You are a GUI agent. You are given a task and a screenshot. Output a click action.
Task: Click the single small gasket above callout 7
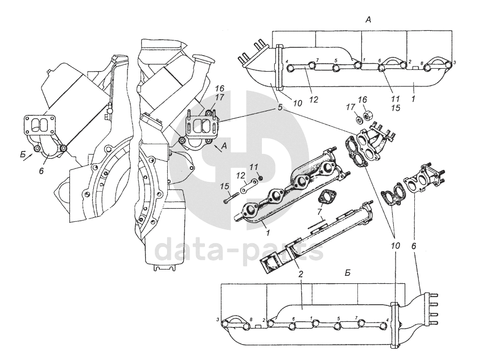click(x=326, y=197)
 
